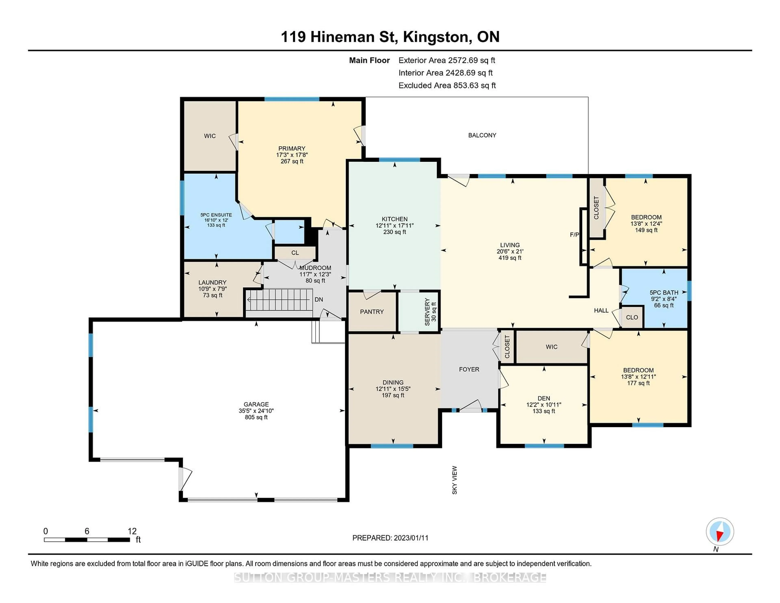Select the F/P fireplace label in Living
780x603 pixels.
coord(574,235)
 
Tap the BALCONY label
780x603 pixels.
coord(482,135)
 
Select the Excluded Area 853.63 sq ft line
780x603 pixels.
coord(447,85)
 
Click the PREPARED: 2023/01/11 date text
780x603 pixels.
coord(390,538)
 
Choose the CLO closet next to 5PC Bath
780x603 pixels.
coord(632,317)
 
